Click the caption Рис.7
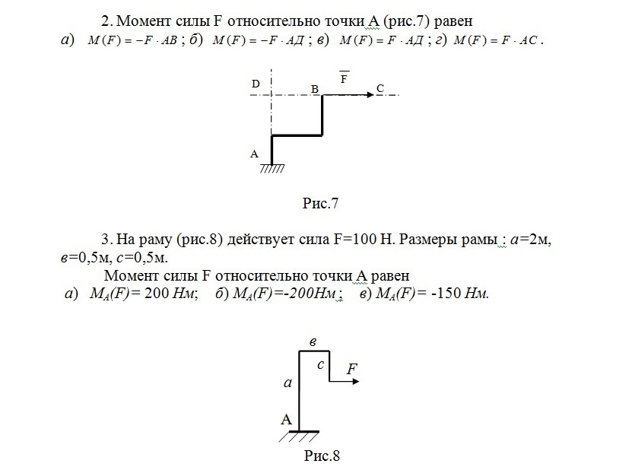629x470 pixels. pyautogui.click(x=319, y=203)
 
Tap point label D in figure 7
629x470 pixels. pyautogui.click(x=256, y=83)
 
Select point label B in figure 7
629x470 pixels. pyautogui.click(x=314, y=89)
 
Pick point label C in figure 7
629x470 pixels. pyautogui.click(x=380, y=89)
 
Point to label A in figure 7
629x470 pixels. pyautogui.click(x=255, y=154)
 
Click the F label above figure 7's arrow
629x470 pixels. pyautogui.click(x=344, y=79)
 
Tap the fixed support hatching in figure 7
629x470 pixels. pyautogui.click(x=272, y=168)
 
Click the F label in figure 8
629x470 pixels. pyautogui.click(x=351, y=369)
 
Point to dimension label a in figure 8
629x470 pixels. pyautogui.click(x=287, y=384)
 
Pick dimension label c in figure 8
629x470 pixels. pyautogui.click(x=321, y=365)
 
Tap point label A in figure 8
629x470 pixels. pyautogui.click(x=286, y=419)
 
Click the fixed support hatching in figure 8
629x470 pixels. pyautogui.click(x=298, y=437)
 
